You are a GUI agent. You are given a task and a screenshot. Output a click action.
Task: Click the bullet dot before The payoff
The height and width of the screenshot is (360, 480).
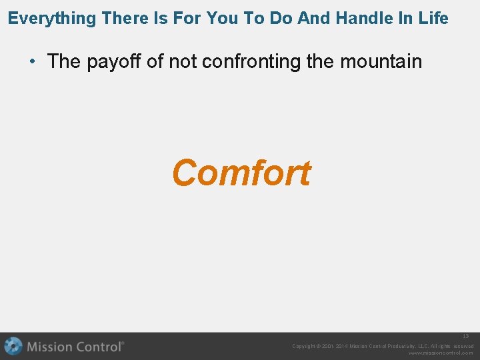coord(32,62)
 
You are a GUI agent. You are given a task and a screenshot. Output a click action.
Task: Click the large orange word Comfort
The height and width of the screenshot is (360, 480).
coord(241,173)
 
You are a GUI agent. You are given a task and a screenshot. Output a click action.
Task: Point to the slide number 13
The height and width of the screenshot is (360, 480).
coord(466,337)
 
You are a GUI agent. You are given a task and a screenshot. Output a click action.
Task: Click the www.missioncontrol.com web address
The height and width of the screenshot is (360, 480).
coord(441,353)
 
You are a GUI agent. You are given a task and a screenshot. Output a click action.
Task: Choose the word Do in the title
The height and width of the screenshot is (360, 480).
coord(281,19)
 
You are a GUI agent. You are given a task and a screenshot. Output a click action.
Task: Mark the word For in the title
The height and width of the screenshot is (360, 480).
coord(189,19)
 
